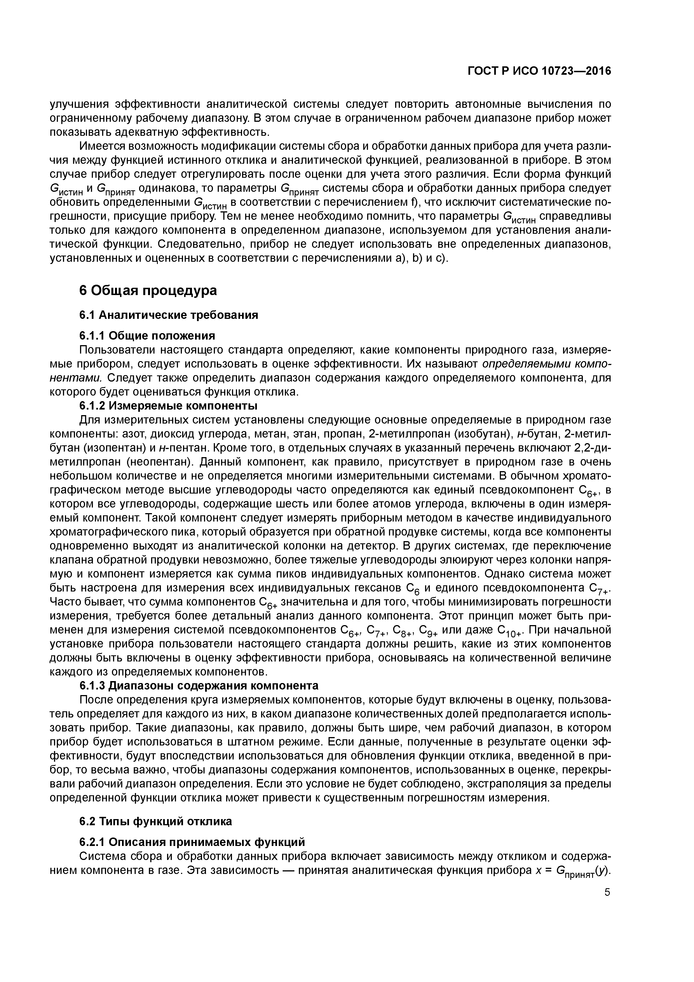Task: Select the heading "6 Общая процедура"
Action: (x=148, y=290)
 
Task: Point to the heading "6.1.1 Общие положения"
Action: (x=147, y=335)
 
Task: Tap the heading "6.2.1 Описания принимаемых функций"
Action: (x=193, y=842)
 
